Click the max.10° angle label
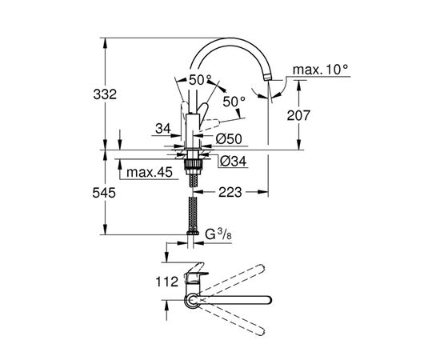(x=320, y=70)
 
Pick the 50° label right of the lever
(x=234, y=102)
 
